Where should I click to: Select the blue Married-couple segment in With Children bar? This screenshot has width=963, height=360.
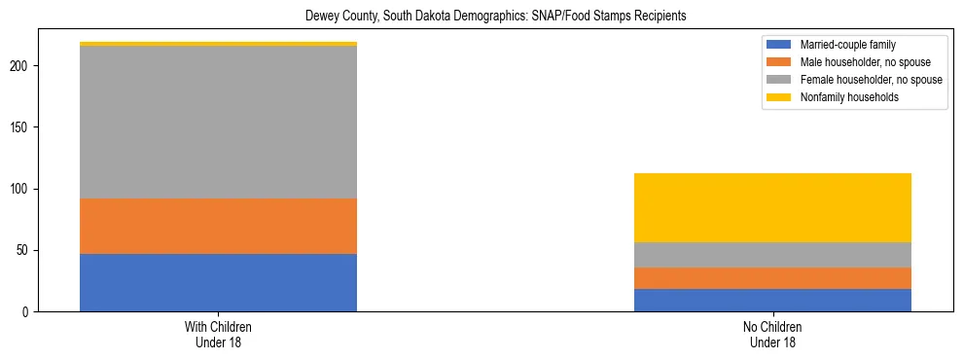coord(218,282)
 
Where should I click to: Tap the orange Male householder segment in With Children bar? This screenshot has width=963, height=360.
coord(218,226)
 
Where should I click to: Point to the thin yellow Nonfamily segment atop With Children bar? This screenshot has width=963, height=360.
coord(218,44)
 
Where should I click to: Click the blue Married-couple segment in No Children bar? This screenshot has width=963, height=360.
coord(772,300)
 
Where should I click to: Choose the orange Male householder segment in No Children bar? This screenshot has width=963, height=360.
coord(772,278)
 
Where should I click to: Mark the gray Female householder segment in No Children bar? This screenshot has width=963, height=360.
coord(772,255)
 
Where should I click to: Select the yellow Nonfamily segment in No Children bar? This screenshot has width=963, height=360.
coord(772,207)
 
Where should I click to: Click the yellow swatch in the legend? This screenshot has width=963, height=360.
coord(779,97)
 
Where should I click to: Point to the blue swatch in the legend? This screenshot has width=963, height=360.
coord(779,45)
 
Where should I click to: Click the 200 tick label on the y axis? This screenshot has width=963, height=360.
coord(20,66)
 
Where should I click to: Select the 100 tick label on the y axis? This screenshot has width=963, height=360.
coord(20,189)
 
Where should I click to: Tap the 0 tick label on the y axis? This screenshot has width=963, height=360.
coord(26,311)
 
